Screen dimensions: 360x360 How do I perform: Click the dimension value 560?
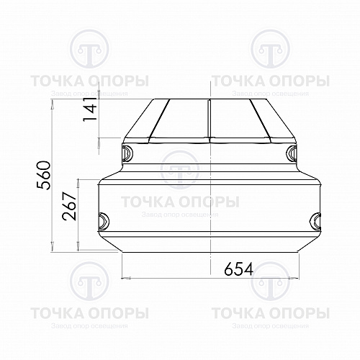pyautogui.click(x=44, y=175)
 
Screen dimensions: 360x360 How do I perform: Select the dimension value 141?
pyautogui.click(x=91, y=109)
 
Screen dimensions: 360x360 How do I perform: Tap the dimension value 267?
pyautogui.click(x=69, y=206)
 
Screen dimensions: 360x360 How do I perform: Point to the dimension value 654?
pyautogui.click(x=239, y=269)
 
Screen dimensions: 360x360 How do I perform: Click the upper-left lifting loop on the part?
pyautogui.click(x=127, y=153)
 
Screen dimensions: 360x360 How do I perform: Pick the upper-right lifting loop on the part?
pyautogui.click(x=292, y=153)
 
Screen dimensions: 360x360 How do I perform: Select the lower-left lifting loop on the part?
pyautogui.click(x=104, y=221)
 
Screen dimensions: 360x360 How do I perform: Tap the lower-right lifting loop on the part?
pyautogui.click(x=315, y=221)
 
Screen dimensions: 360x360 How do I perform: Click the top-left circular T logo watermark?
pyautogui.click(x=89, y=49)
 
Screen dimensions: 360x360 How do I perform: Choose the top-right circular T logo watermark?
pyautogui.click(x=270, y=49)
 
